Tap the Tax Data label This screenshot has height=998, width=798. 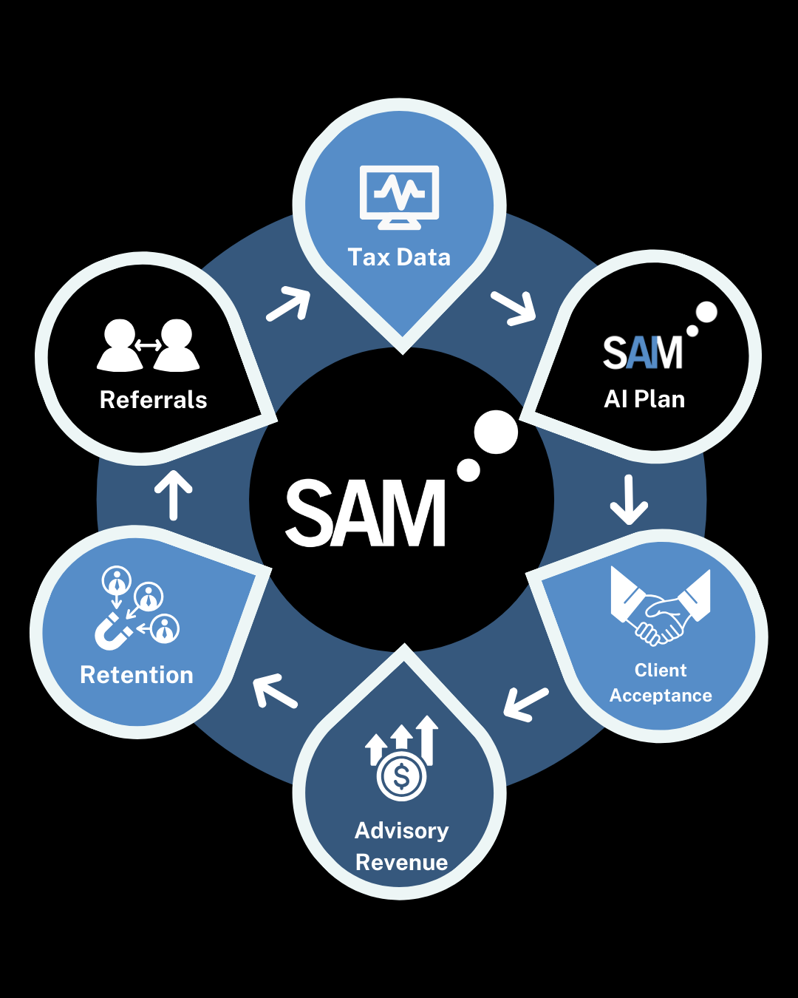[x=399, y=257]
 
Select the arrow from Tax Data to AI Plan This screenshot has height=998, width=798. [x=514, y=308]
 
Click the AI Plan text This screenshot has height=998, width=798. [x=644, y=399]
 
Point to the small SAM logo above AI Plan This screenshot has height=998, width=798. [x=644, y=353]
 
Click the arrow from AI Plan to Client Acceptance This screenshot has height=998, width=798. [x=629, y=500]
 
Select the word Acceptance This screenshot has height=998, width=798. [x=661, y=696]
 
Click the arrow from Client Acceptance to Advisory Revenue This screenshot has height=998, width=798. [x=525, y=705]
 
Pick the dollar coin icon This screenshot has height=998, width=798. [x=401, y=776]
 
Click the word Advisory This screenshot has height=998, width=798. [x=401, y=831]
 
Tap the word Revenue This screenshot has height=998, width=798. [x=401, y=863]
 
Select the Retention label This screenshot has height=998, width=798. [x=137, y=675]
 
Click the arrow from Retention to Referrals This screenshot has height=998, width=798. [x=174, y=494]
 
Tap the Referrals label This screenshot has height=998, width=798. [x=153, y=400]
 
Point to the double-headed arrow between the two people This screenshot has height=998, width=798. [x=149, y=345]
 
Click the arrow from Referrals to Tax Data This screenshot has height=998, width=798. [x=289, y=304]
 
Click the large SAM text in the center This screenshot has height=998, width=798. [x=366, y=512]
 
